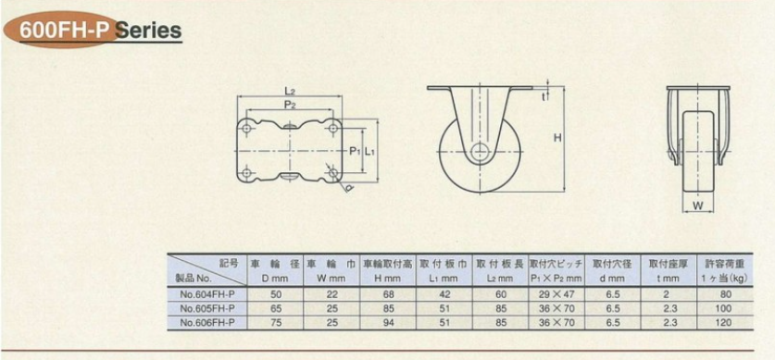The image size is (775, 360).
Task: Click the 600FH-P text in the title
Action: click(x=64, y=31)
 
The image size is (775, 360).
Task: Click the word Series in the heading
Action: click(x=148, y=31)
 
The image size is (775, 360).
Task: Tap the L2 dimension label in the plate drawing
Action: click(x=290, y=91)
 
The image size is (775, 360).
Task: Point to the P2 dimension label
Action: click(x=290, y=105)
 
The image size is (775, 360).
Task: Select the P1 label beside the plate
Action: click(x=356, y=152)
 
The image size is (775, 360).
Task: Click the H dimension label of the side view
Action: click(x=557, y=139)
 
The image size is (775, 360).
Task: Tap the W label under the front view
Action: click(x=697, y=206)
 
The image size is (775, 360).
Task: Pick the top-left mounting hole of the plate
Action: click(x=246, y=128)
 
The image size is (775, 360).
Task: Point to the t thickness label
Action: click(x=543, y=97)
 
